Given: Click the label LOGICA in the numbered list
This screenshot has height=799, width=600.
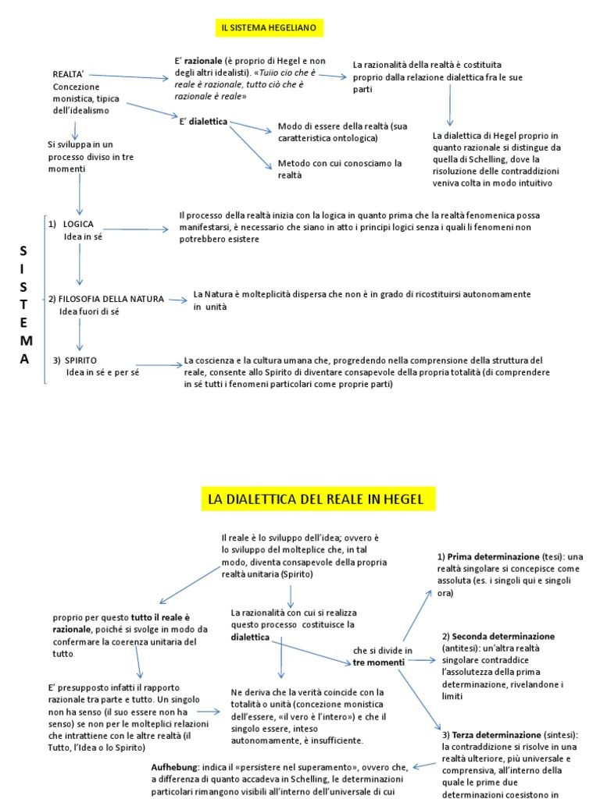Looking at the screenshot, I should pos(78,224).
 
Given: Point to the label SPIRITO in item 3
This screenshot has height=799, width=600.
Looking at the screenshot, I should pos(80,360).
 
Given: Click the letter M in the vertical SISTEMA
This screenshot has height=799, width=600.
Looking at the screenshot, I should pos(26,340).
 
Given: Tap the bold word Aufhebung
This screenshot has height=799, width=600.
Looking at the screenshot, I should pos(174,768).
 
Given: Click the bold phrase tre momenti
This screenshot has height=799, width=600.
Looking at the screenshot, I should pos(379,662).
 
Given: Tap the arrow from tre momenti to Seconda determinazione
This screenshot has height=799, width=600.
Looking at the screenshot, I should pos(422,660).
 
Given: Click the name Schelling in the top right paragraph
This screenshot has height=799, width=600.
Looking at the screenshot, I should pos(499,158).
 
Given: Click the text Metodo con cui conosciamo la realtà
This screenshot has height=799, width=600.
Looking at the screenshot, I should pos(339,169).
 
